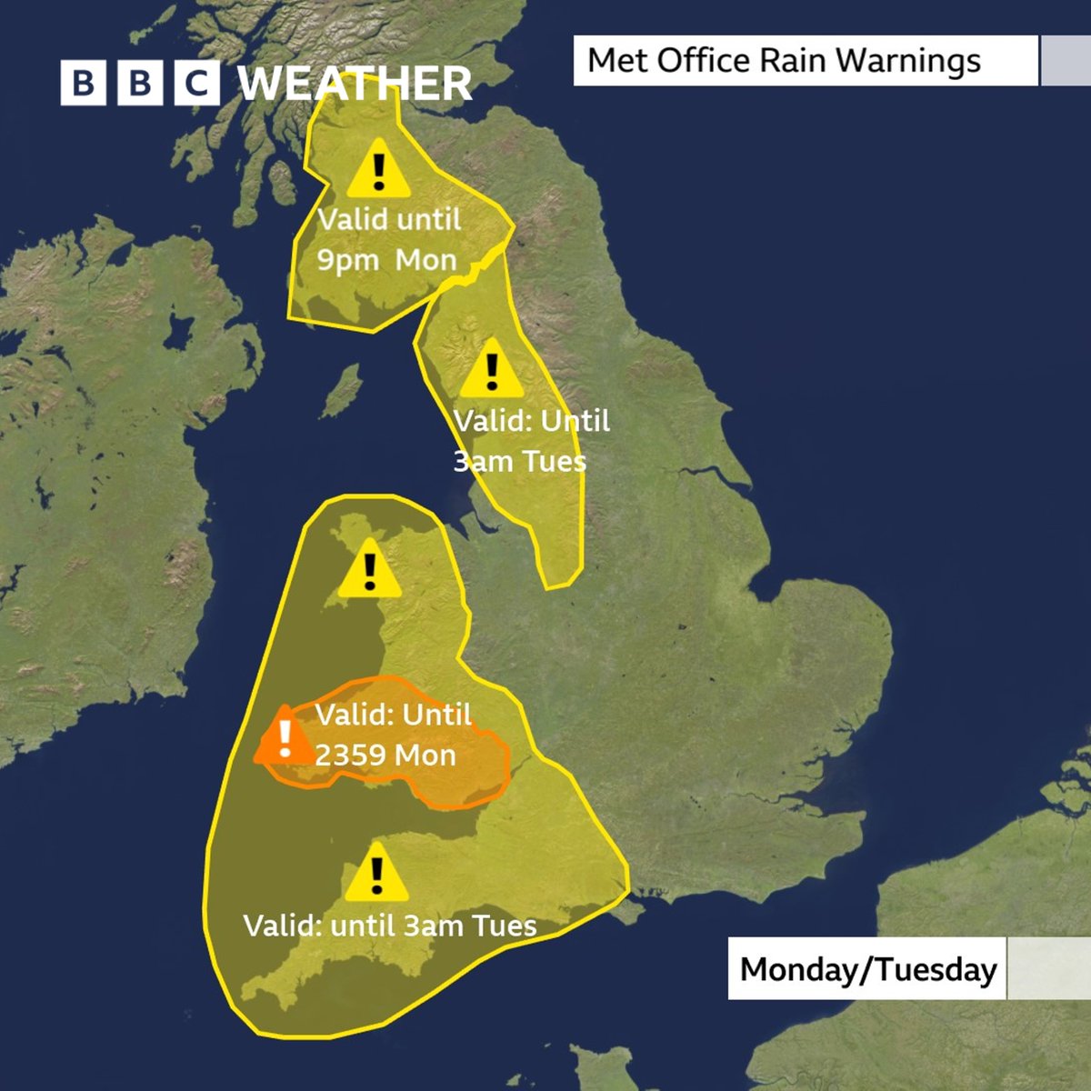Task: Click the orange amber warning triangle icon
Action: (285, 736)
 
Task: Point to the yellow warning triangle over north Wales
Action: (369, 570)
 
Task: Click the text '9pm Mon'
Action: (386, 260)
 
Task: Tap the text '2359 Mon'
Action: (385, 755)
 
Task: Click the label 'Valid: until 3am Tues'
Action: (390, 926)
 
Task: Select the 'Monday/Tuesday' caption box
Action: (868, 969)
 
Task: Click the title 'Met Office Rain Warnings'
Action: (784, 61)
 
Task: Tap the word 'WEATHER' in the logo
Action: (355, 84)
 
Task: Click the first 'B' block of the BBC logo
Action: (83, 84)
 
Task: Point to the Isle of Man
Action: (344, 390)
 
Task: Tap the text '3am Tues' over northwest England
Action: (520, 461)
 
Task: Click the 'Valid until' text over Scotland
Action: (389, 219)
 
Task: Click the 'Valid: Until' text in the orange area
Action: (394, 715)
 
